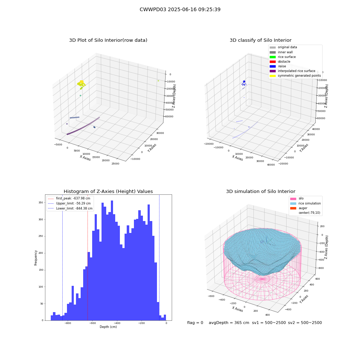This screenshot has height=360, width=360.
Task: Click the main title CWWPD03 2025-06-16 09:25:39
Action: (x=180, y=9)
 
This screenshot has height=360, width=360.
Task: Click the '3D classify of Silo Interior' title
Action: (x=261, y=40)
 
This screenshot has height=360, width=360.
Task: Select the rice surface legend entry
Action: (x=283, y=57)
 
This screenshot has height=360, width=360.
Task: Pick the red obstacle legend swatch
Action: (x=273, y=62)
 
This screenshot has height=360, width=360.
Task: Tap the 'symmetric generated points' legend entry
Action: (x=295, y=76)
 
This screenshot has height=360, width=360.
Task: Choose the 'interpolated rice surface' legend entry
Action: (x=292, y=71)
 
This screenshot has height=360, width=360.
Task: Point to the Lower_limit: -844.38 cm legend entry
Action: (x=70, y=208)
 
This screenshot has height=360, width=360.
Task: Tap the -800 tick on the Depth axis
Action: (x=68, y=323)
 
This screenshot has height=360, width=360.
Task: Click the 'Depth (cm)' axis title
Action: (x=108, y=327)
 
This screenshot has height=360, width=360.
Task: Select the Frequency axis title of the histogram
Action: (x=36, y=258)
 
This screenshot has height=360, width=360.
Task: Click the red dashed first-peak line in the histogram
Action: (x=87, y=257)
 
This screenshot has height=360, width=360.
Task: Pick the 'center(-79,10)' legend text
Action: (x=309, y=213)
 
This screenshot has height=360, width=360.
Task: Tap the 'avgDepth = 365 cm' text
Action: (x=229, y=323)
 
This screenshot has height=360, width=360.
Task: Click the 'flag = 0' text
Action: (x=195, y=323)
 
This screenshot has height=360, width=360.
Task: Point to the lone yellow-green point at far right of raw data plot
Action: (x=158, y=81)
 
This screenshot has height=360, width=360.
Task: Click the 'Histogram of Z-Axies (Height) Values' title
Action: (x=108, y=192)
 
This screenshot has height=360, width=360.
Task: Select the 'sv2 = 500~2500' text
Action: (x=305, y=323)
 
